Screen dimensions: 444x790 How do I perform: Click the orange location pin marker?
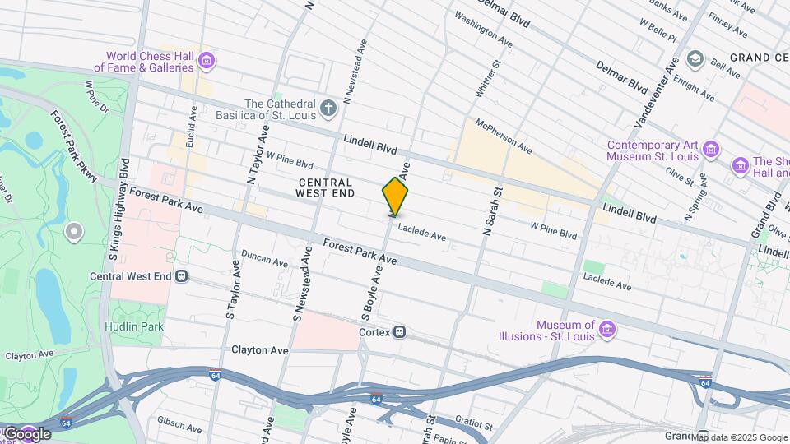[x=395, y=197]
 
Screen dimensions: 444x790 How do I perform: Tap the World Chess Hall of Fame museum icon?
[x=207, y=59]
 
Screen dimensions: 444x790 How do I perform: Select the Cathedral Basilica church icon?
[x=328, y=109]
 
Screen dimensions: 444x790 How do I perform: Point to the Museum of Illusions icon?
[x=608, y=330]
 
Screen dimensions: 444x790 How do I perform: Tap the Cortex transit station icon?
[x=399, y=332]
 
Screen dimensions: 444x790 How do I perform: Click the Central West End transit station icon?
[x=181, y=276]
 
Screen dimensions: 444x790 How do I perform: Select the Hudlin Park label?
[x=134, y=326]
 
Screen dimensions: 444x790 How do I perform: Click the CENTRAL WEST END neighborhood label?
[x=325, y=187]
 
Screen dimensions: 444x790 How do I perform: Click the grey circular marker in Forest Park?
[x=74, y=233]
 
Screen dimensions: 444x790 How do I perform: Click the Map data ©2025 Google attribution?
[x=738, y=436]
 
